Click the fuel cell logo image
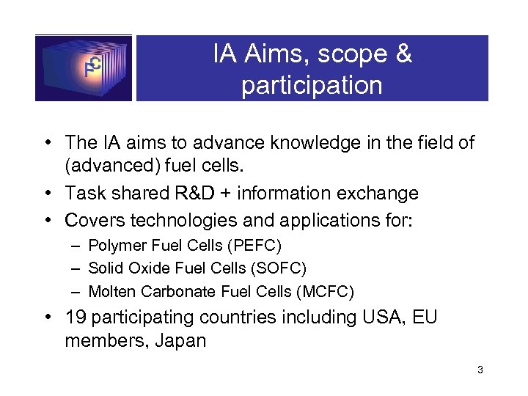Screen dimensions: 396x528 pos(84,67)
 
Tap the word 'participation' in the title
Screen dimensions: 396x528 pos(312,86)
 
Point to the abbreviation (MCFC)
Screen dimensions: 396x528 pos(325,292)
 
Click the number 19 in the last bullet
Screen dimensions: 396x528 pos(77,318)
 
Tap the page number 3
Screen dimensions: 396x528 pos(480,370)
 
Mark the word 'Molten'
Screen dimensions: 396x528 pos(110,292)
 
